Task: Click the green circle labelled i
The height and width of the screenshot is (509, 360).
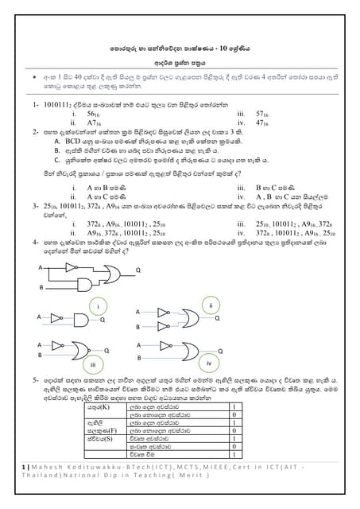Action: pyautogui.click(x=97, y=305)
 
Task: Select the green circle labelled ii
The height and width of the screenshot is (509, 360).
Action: pyautogui.click(x=211, y=305)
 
